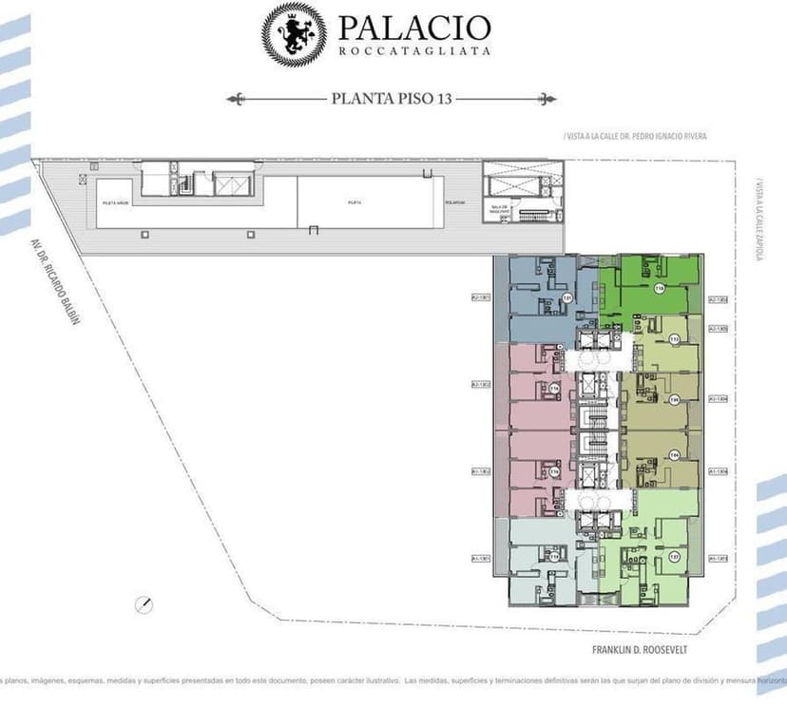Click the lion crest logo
click(x=294, y=34)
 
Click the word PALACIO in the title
click(x=413, y=28)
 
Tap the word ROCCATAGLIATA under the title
click(x=414, y=51)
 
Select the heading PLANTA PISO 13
click(x=392, y=97)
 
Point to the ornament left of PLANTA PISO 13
click(x=238, y=97)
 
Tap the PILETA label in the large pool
click(x=354, y=202)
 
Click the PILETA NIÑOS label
click(x=116, y=202)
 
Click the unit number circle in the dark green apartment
click(x=659, y=289)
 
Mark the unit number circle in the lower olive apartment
click(x=674, y=455)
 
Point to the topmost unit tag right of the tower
click(x=719, y=299)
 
